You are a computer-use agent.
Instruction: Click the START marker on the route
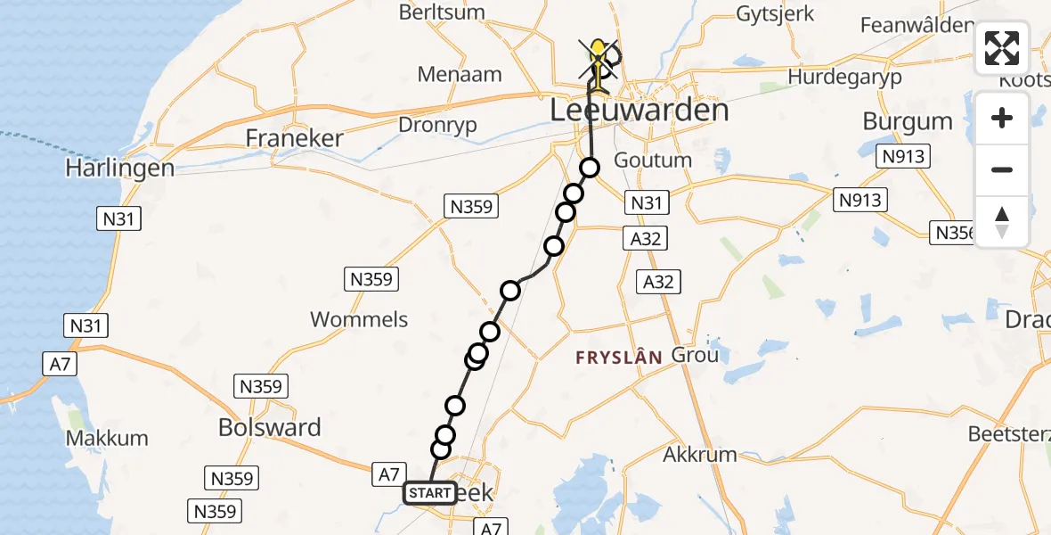click(431, 492)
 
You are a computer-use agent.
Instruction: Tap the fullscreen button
click(1002, 48)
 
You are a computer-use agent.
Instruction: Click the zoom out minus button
click(1002, 169)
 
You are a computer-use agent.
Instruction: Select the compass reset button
click(1002, 222)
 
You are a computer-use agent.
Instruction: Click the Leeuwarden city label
click(640, 111)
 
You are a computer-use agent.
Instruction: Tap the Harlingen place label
click(119, 168)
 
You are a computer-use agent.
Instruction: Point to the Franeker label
click(294, 139)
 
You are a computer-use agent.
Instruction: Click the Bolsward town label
click(269, 427)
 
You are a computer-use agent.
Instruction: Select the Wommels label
click(359, 319)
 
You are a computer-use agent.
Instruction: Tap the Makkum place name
click(107, 439)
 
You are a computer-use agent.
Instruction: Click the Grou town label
click(694, 355)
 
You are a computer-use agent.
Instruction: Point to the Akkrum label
click(700, 455)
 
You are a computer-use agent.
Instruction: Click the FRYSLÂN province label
click(618, 358)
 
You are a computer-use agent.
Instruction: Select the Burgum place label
click(908, 120)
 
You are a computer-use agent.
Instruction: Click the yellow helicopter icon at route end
click(598, 53)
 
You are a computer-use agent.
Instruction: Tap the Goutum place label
click(653, 160)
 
